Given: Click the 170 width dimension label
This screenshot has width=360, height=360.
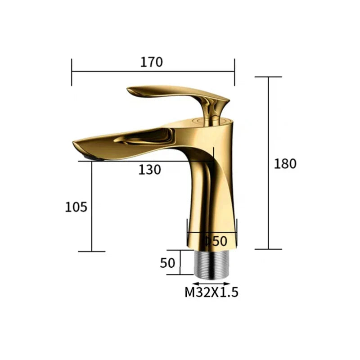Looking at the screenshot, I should pyautogui.click(x=152, y=62).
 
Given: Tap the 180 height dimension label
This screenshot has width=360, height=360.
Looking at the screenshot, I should pyautogui.click(x=285, y=164).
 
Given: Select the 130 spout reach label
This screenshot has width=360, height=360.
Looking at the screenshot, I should pyautogui.click(x=150, y=170).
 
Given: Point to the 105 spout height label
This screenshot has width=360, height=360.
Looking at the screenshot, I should pyautogui.click(x=76, y=207).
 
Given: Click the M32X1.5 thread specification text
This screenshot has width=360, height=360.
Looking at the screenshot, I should pyautogui.click(x=211, y=292).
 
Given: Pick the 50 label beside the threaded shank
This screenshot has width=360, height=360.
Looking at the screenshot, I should pyautogui.click(x=167, y=263).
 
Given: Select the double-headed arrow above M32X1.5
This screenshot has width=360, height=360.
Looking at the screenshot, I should pyautogui.click(x=211, y=283).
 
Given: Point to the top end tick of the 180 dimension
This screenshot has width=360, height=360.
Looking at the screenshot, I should pyautogui.click(x=269, y=77).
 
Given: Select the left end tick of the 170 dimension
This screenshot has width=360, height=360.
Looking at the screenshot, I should pyautogui.click(x=72, y=71).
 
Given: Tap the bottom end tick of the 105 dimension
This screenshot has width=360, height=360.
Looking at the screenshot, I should pyautogui.click(x=91, y=252).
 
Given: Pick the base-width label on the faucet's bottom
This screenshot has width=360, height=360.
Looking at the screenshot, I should pyautogui.click(x=216, y=241).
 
